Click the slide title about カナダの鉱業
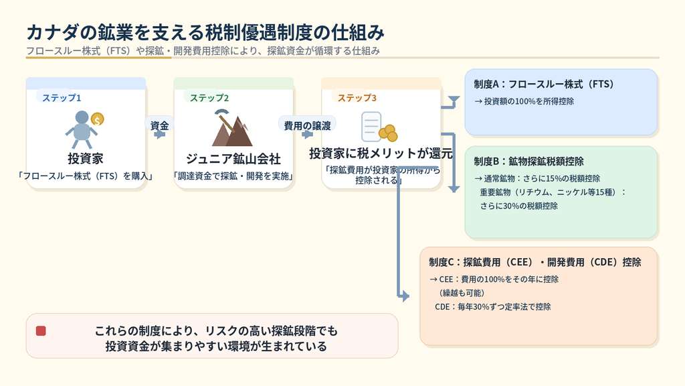[205, 32]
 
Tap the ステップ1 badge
[62, 98]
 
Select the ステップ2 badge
[209, 98]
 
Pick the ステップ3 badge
[357, 98]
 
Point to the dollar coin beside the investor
[98, 119]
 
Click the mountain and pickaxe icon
[231, 128]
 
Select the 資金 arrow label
[159, 125]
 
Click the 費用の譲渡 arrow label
[307, 125]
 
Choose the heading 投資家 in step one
[86, 159]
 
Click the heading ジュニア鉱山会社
[233, 159]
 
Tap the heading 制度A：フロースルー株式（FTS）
[544, 84]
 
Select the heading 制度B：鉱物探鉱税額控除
[528, 162]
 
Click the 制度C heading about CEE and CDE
[535, 262]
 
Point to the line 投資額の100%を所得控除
[524, 102]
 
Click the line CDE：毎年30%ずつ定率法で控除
[493, 307]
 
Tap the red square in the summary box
[41, 330]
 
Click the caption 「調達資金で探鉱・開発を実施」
[233, 177]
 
